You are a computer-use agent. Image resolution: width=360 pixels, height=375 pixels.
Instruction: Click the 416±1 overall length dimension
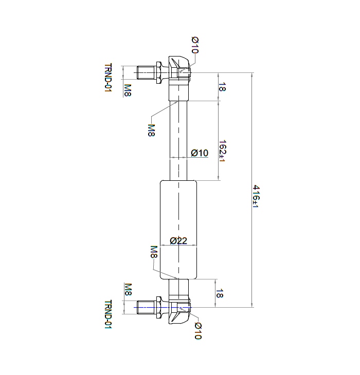(256, 196)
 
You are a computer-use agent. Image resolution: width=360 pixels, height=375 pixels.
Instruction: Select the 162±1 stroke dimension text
(222, 151)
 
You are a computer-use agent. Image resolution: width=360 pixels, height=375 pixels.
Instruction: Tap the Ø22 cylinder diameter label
(178, 240)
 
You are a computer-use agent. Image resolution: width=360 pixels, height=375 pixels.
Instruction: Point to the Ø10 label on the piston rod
(200, 153)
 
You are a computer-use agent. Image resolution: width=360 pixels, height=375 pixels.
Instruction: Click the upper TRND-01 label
(108, 78)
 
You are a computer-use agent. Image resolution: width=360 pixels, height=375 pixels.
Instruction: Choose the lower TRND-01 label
(108, 314)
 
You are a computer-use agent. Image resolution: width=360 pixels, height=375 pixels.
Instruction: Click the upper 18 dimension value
(222, 87)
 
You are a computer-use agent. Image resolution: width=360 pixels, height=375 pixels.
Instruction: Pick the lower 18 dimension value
(220, 293)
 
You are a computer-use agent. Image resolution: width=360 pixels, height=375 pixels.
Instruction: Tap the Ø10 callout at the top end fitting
(195, 45)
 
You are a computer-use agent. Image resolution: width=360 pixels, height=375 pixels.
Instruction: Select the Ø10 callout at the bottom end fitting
(198, 331)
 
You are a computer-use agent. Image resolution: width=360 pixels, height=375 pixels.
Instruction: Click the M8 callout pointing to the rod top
(151, 130)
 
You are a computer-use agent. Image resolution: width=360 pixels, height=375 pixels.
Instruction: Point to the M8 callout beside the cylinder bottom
(154, 252)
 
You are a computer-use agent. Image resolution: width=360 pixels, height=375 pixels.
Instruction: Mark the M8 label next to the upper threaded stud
(128, 90)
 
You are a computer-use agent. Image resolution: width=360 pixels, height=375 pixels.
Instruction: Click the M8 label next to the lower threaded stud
(128, 289)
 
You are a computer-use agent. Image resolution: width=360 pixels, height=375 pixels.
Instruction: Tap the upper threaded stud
(146, 72)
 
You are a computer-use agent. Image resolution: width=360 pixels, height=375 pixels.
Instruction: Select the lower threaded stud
(146, 307)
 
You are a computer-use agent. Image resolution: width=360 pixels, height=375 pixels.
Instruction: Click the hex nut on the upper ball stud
(159, 72)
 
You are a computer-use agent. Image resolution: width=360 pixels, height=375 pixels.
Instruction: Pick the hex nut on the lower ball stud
(159, 307)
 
